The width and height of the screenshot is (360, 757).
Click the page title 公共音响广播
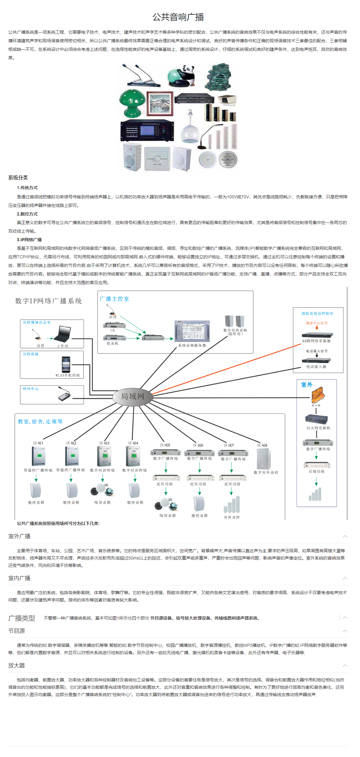[178, 17]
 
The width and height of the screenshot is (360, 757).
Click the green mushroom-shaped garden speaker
[132, 101]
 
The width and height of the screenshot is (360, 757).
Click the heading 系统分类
[18, 178]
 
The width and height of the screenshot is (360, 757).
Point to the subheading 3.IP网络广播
[29, 240]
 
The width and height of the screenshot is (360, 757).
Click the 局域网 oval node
[133, 396]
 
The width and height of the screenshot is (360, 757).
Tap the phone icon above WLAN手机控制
[66, 364]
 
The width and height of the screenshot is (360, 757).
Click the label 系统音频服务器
[192, 345]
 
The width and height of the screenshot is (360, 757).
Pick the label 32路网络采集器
[316, 341]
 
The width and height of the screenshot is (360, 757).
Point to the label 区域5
[165, 445]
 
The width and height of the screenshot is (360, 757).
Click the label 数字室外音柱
[266, 472]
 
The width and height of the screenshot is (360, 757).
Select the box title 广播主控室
[114, 299]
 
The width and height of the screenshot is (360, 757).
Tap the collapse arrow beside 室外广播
[345, 536]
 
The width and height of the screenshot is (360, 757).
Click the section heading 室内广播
[19, 578]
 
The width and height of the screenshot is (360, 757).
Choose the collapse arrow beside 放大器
[345, 665]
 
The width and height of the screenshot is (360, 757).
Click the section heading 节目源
[17, 631]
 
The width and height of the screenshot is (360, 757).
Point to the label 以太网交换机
[318, 428]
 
